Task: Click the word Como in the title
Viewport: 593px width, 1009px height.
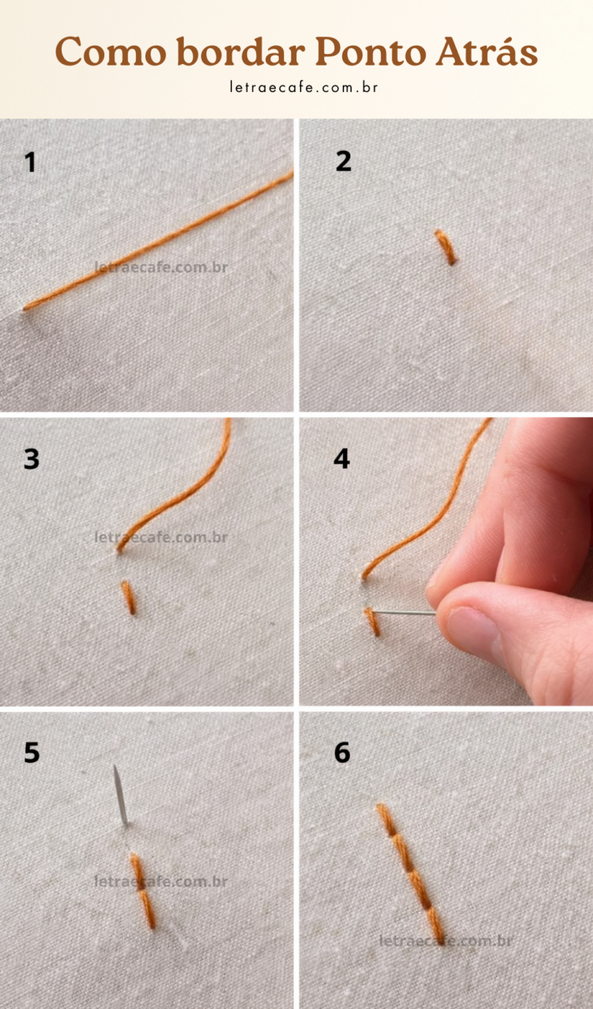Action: click(x=110, y=52)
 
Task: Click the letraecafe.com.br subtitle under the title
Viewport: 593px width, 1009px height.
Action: click(x=303, y=87)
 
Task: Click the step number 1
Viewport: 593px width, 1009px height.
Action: click(x=30, y=162)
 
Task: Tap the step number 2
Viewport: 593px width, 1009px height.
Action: click(x=344, y=161)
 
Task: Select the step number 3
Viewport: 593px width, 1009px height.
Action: click(x=32, y=460)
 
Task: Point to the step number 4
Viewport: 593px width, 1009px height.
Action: click(x=342, y=459)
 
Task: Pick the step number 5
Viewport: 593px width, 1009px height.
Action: click(x=32, y=753)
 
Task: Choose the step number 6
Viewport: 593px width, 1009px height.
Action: click(x=342, y=753)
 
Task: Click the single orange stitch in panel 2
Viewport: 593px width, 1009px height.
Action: click(x=446, y=247)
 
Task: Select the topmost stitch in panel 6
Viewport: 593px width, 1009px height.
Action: click(x=387, y=820)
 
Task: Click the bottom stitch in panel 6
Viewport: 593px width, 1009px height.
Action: click(x=435, y=924)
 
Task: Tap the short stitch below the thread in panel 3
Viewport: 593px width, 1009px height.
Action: click(x=128, y=598)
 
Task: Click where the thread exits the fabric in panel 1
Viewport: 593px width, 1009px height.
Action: click(x=25, y=308)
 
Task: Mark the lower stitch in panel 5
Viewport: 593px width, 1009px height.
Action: click(x=147, y=909)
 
